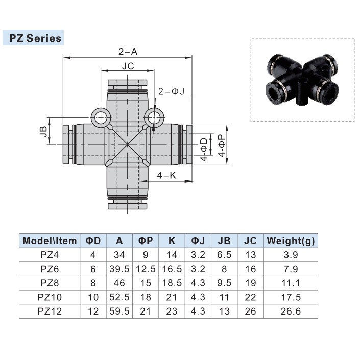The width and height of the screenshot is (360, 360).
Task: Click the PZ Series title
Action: pos(33,38)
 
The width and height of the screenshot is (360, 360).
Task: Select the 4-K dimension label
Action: pos(166,175)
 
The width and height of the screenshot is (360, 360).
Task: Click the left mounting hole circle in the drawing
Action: pos(101,118)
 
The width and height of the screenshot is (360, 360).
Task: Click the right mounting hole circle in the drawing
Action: pos(153,118)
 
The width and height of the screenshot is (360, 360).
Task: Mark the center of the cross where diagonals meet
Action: pos(127,145)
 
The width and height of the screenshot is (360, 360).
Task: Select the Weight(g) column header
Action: pos(291,241)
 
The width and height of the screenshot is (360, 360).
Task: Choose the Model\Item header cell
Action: pos(50,241)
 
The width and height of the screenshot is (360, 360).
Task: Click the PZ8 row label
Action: pos(50,282)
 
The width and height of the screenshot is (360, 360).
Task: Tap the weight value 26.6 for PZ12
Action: pos(291,310)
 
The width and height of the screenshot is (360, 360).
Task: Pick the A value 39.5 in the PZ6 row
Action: pos(119,269)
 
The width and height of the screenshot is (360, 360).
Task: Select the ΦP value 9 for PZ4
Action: pos(145,255)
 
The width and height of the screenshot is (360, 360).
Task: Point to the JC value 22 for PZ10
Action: pos(250,297)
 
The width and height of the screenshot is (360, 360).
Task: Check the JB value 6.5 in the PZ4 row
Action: pos(224,255)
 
